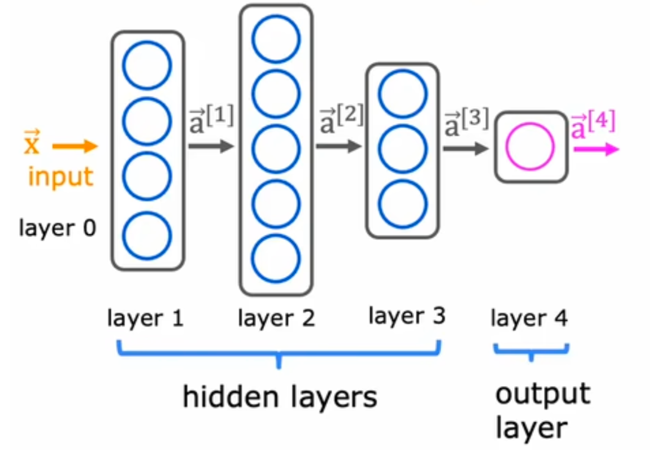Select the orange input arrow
[x=75, y=147]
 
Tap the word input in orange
[x=60, y=177]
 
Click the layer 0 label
[x=58, y=228]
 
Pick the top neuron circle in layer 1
[x=147, y=65]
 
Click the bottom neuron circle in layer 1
[x=147, y=235]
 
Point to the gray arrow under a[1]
[x=211, y=147]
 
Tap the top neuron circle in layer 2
[x=276, y=40]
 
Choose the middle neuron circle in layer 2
[x=276, y=149]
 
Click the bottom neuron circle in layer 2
[x=276, y=259]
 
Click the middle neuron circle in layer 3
[x=403, y=149]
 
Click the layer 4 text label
[x=529, y=319]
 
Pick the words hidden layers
[x=280, y=397]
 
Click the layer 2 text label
[x=276, y=319]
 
